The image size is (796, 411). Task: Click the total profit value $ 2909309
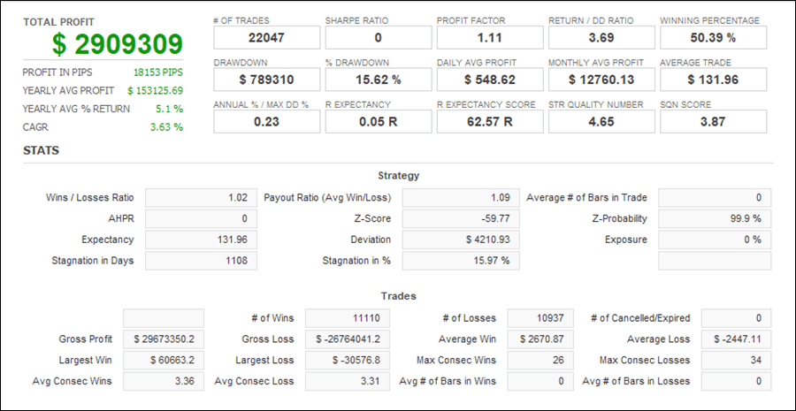(x=117, y=44)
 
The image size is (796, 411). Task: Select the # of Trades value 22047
(x=266, y=38)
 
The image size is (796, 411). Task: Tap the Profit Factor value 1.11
(x=489, y=38)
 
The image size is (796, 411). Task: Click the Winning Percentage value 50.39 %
(x=713, y=38)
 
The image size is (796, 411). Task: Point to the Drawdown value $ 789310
(x=266, y=80)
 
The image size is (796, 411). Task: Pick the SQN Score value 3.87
(x=713, y=122)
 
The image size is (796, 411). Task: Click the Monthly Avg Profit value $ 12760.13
(x=601, y=80)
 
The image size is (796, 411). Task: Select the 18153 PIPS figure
(x=158, y=72)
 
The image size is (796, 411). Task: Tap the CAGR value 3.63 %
(x=166, y=126)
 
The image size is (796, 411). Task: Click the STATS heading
(x=42, y=150)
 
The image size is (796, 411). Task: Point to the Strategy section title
(x=398, y=176)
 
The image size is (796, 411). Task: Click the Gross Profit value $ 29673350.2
(x=163, y=339)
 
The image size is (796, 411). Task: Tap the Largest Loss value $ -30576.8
(x=348, y=361)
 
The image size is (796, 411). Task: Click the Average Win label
(x=467, y=339)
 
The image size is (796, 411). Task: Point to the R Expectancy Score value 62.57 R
(x=489, y=122)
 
